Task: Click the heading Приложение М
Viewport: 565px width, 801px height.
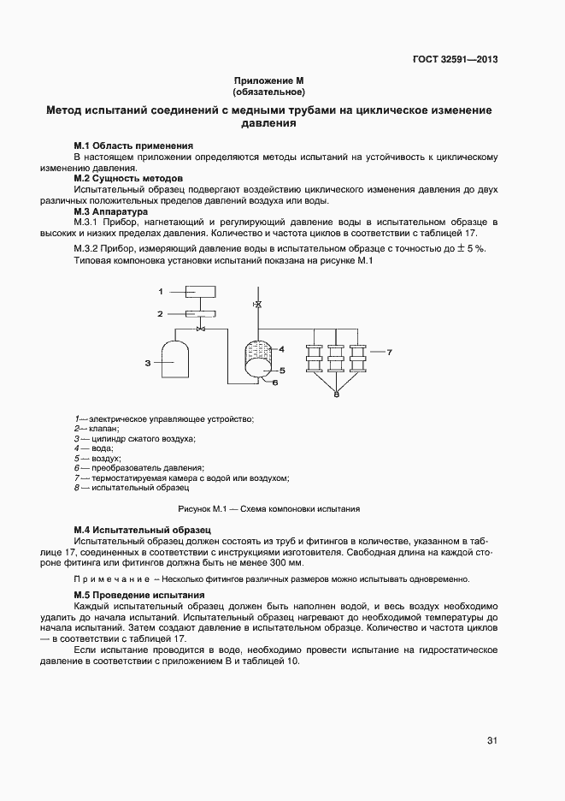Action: click(269, 80)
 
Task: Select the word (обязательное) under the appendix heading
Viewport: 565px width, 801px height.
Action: click(269, 91)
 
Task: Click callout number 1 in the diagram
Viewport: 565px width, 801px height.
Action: click(160, 293)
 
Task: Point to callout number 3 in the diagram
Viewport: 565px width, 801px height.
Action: click(147, 363)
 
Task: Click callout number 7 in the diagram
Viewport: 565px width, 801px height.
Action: click(389, 352)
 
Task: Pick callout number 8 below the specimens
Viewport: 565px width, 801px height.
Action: click(337, 395)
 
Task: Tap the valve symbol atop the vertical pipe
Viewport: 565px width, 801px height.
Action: click(258, 305)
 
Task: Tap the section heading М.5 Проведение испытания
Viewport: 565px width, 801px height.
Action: click(138, 594)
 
